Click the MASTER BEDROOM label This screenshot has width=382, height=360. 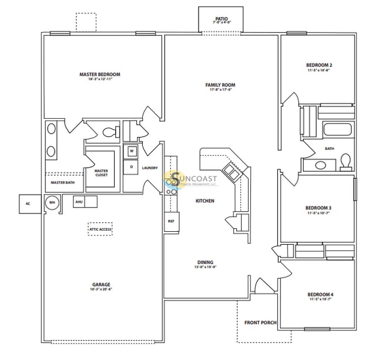100,75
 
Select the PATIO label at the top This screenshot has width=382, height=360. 221,19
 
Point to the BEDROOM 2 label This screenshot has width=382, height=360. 319,65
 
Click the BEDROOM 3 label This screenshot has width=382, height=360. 318,208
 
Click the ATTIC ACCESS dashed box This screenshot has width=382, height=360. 100,229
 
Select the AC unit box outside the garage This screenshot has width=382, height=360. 27,204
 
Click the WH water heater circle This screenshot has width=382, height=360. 52,202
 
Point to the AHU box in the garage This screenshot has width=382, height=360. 79,202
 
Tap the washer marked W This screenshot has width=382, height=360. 132,151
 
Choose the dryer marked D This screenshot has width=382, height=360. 132,167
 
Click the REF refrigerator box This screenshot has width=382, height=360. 171,221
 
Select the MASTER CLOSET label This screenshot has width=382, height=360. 101,173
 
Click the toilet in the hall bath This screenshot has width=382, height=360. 346,159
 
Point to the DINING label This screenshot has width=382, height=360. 205,262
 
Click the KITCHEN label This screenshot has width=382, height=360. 205,201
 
